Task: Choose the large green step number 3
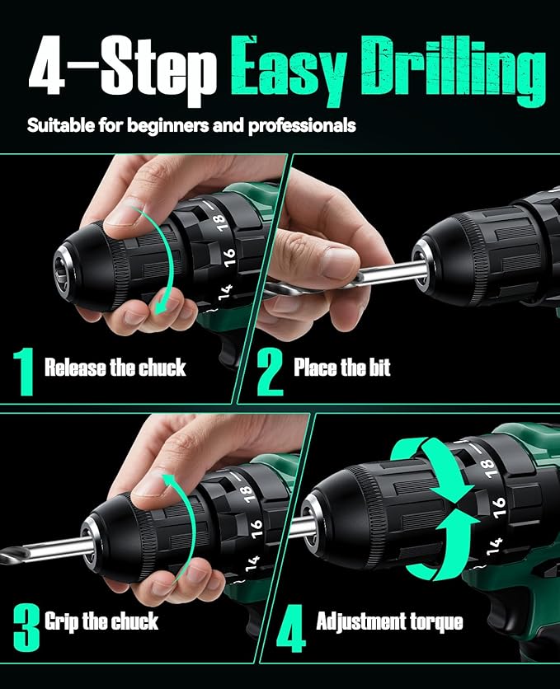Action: [26, 626]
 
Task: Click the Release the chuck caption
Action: [115, 368]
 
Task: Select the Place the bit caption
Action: [342, 368]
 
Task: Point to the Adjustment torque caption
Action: [389, 622]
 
